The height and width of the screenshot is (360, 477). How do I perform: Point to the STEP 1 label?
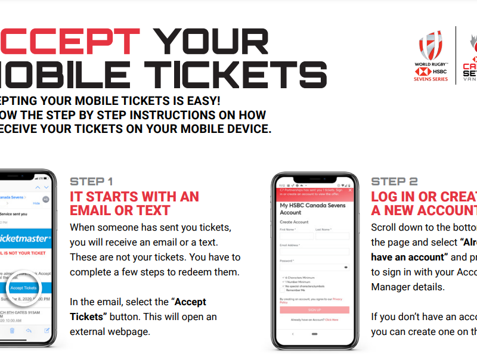[x=91, y=181]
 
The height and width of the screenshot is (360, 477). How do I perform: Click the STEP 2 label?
[x=394, y=181]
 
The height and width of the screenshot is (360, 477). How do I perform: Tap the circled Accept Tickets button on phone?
[x=23, y=287]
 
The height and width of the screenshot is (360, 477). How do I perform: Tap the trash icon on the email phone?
[x=12, y=330]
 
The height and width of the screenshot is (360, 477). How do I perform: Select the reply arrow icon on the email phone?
[x=29, y=330]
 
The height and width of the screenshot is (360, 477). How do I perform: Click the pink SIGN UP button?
[x=314, y=310]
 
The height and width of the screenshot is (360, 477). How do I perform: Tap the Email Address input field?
[x=314, y=252]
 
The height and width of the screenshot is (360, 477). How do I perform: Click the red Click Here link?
[x=332, y=320]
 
